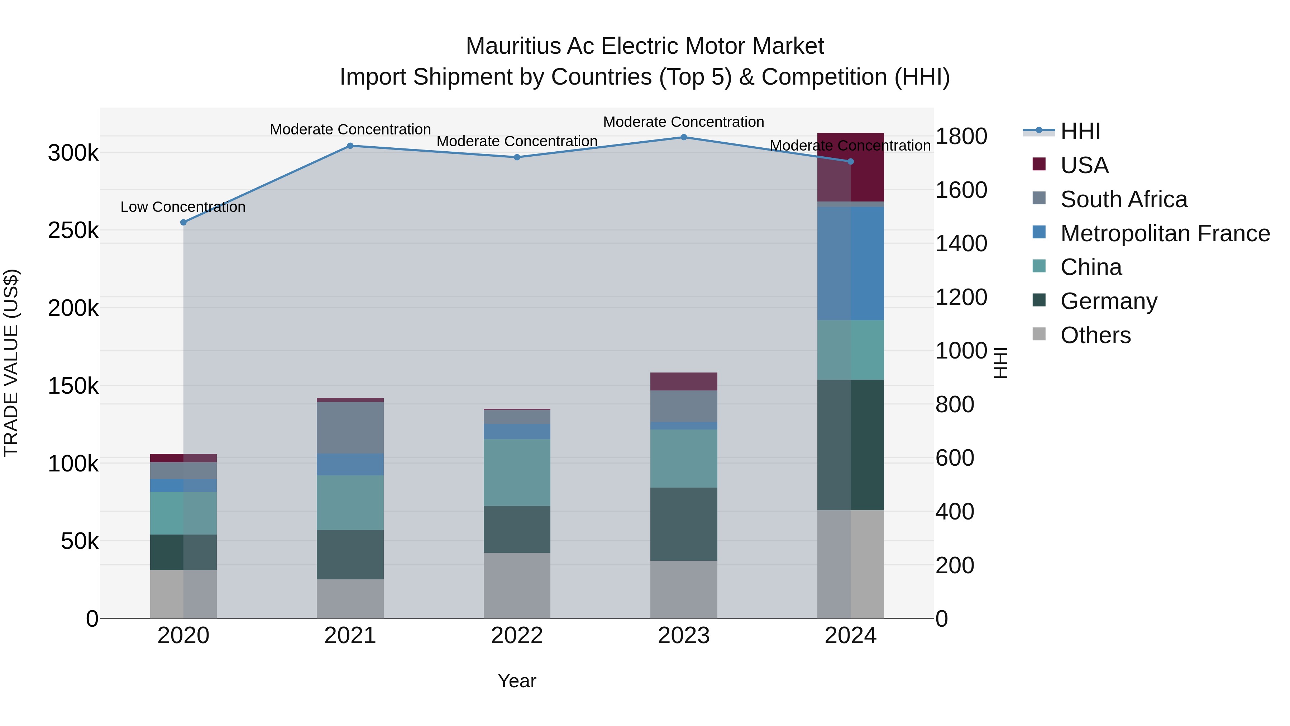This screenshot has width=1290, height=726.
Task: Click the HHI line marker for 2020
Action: [183, 222]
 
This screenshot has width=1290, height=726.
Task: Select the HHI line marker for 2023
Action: [684, 137]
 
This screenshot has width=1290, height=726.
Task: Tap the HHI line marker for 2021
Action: [350, 146]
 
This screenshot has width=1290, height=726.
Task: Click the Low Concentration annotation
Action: [183, 207]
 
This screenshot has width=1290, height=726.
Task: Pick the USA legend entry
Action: [1084, 165]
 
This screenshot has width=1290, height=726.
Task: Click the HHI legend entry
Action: [1080, 131]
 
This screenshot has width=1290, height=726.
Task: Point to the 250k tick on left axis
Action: [73, 231]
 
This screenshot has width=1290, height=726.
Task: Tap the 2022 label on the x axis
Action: [517, 636]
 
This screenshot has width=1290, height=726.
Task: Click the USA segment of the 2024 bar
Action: [850, 167]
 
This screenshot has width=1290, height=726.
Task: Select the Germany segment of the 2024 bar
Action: [850, 445]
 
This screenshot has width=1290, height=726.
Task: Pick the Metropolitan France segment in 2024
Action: [850, 264]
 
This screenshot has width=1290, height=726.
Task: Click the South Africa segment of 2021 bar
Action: [350, 428]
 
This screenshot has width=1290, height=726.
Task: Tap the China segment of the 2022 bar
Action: [517, 473]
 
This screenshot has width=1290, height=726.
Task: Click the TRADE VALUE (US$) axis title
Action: [11, 363]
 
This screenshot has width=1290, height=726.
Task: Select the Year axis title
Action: [517, 681]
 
